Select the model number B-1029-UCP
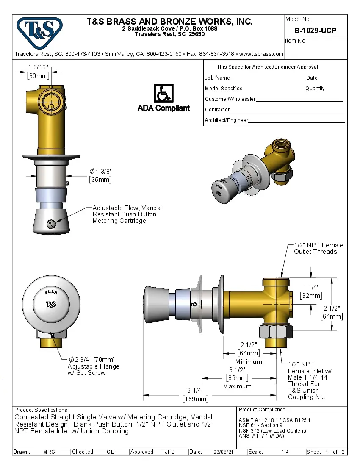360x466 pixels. coord(315,31)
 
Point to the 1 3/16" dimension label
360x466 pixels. coord(39,67)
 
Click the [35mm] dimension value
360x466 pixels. coord(100,180)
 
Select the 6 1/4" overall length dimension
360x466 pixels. coord(195,390)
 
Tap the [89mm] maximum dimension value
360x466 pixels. coord(237,377)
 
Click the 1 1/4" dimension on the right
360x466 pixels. coord(311,288)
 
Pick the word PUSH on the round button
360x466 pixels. coord(51,293)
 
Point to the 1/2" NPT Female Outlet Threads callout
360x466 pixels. coord(318,248)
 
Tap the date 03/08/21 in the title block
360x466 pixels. coord(224,452)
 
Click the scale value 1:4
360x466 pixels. coord(285,452)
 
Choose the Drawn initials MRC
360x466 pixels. coord(49,452)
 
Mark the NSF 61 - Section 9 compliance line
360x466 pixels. coord(260,425)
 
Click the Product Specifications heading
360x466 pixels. coord(42,410)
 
